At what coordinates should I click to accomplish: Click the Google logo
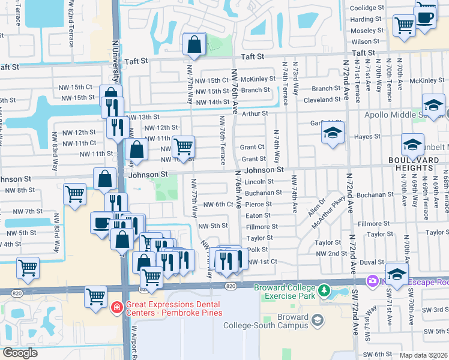[x=20, y=353]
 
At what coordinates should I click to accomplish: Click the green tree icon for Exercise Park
[x=324, y=290]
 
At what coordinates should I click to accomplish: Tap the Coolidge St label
[x=367, y=8]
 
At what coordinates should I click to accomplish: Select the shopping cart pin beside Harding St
[x=404, y=25]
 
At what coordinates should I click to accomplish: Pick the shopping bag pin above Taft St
[x=194, y=44]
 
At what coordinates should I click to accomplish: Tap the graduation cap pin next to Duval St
[x=396, y=274]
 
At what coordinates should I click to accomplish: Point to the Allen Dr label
[x=316, y=205]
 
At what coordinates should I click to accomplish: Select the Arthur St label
[x=255, y=113]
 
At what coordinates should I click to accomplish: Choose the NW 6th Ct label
[x=217, y=205]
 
